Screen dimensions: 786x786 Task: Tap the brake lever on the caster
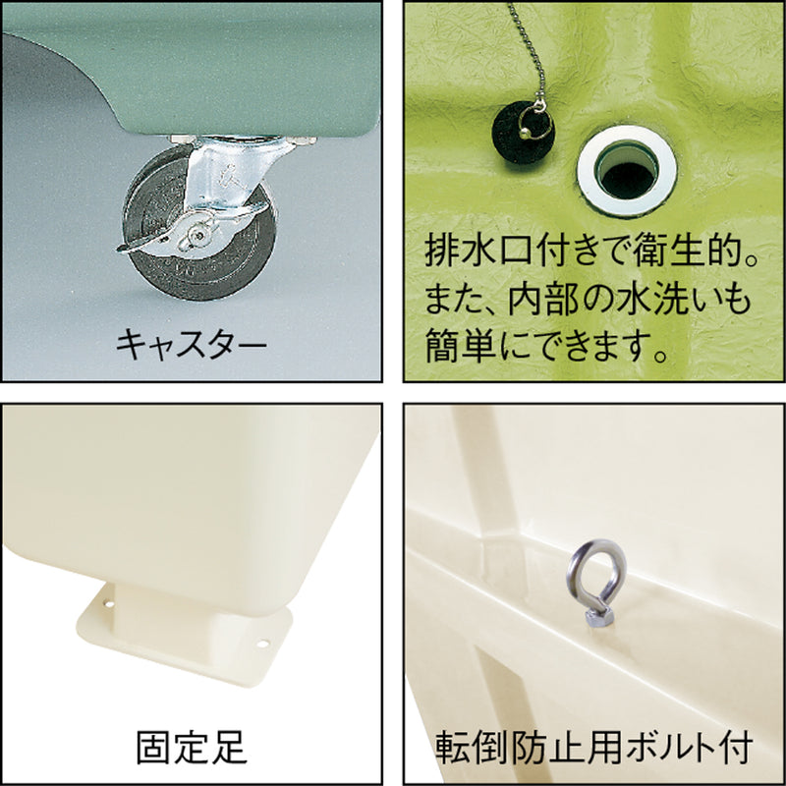pos(145,242)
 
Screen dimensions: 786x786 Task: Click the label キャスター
pos(191,344)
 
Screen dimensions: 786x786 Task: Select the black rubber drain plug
pos(523,132)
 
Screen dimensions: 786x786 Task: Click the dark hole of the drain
pos(628,179)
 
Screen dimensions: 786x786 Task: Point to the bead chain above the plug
pos(527,50)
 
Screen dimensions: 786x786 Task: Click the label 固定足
pos(192,747)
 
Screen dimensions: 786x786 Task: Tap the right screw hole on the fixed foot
pos(262,643)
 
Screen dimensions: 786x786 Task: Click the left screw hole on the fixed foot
pos(108,603)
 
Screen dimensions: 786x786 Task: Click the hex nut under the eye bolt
pos(599,617)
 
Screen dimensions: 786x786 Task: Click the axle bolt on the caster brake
pos(199,235)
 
